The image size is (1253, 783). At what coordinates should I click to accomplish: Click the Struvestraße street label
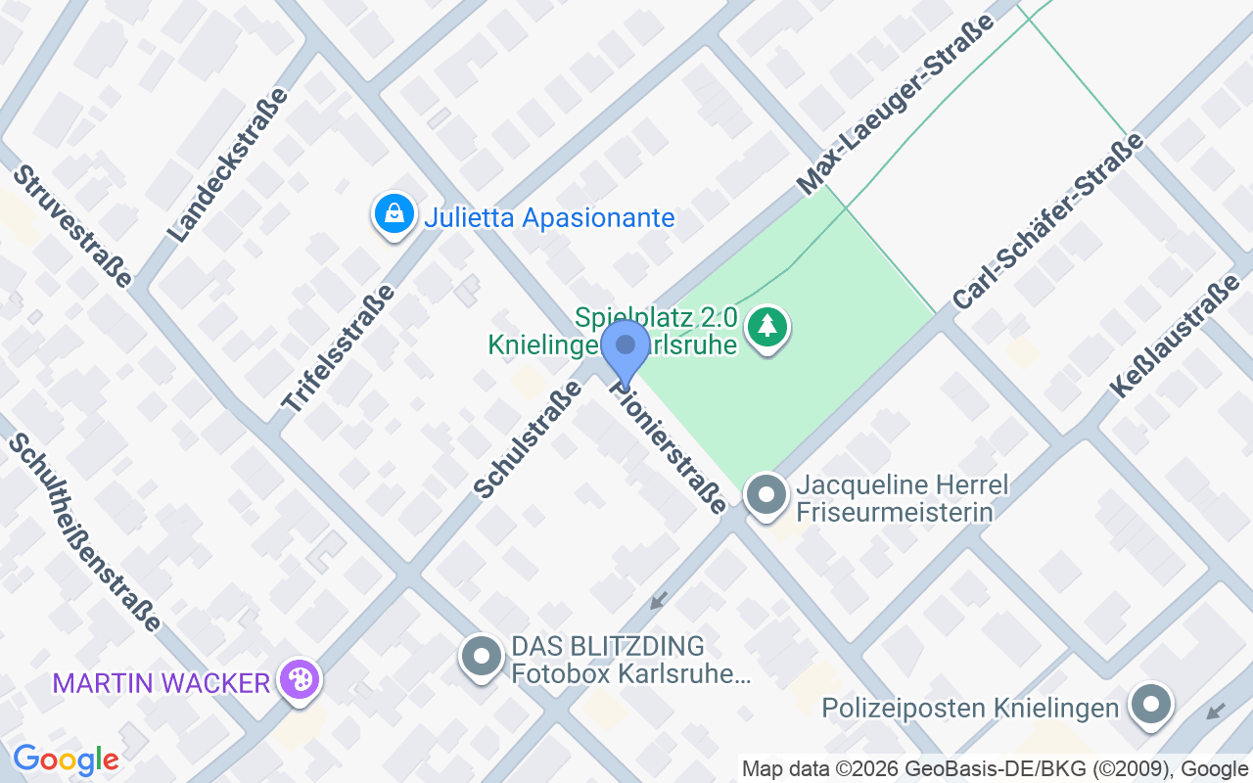(x=72, y=226)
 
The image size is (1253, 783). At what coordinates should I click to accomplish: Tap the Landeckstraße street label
(x=228, y=164)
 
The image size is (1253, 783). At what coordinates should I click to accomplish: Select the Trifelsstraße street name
(x=337, y=347)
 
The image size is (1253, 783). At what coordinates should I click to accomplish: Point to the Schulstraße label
(x=528, y=438)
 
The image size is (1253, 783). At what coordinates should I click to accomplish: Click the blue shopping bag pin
(x=394, y=212)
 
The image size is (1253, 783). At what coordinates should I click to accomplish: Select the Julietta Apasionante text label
(x=549, y=217)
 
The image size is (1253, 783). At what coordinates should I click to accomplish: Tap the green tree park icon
(x=767, y=327)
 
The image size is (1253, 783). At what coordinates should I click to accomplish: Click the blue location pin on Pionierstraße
(x=625, y=349)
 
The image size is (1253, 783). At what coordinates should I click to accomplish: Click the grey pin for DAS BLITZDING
(x=481, y=657)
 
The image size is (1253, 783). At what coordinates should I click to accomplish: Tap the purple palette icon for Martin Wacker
(x=297, y=679)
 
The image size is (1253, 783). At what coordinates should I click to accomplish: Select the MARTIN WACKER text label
(x=162, y=682)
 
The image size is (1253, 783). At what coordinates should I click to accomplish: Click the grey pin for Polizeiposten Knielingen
(x=1150, y=705)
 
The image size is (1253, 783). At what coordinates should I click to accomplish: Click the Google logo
(x=66, y=760)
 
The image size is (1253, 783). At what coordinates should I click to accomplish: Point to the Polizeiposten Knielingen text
(x=970, y=708)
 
